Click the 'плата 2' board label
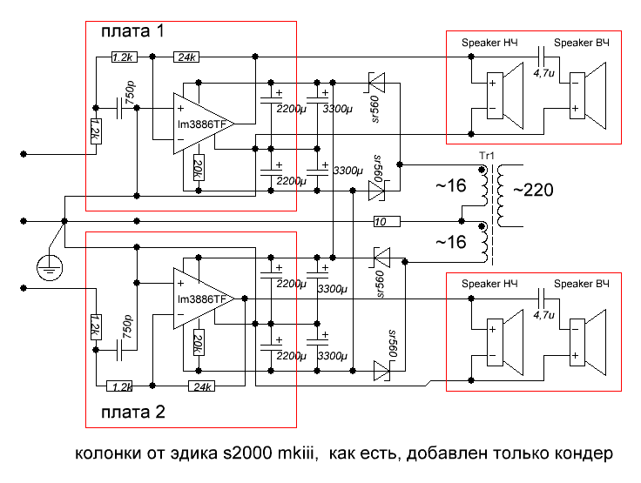pyautogui.click(x=132, y=413)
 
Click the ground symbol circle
pyautogui.click(x=49, y=266)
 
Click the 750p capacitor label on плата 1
pyautogui.click(x=130, y=90)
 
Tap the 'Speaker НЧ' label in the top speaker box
pyautogui.click(x=488, y=43)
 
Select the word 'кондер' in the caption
pyautogui.click(x=586, y=454)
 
